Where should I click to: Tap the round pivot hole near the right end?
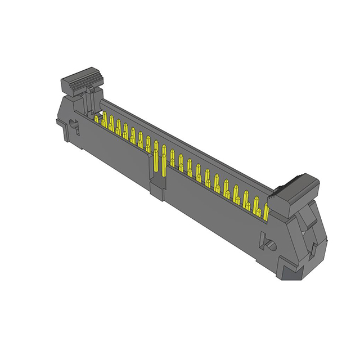[269, 244]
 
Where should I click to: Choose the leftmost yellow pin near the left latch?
[96, 119]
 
